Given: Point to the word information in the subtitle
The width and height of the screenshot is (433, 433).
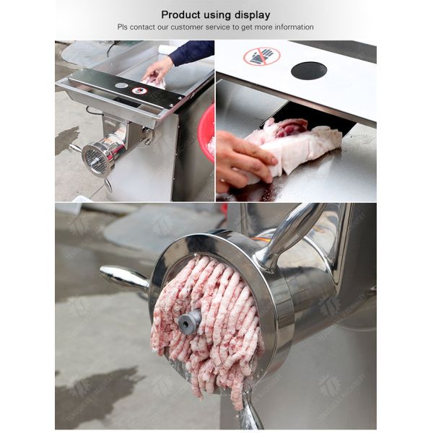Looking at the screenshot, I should coord(290,27).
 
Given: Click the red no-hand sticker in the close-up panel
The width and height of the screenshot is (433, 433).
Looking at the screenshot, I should coord(261,57).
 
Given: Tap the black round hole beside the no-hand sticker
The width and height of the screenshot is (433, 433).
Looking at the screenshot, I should coord(308,70).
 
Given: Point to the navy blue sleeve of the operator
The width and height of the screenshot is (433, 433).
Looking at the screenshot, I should coord(191,52).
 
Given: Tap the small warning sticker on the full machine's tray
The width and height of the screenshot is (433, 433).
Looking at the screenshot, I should coord(139,90).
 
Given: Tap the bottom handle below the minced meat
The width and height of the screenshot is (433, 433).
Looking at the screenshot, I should coord(249,415).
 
